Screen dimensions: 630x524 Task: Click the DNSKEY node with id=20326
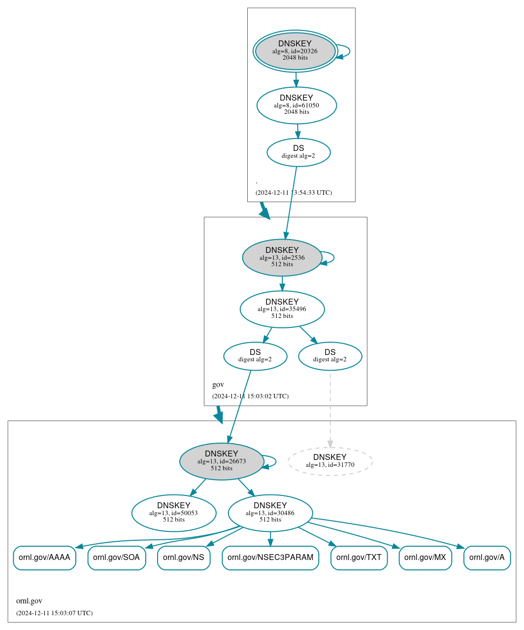pyautogui.click(x=295, y=51)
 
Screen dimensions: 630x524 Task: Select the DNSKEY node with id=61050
pyautogui.click(x=296, y=105)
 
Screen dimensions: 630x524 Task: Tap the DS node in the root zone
pyautogui.click(x=298, y=152)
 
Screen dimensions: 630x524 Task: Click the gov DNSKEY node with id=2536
pyautogui.click(x=282, y=257)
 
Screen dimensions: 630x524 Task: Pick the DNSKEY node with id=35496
pyautogui.click(x=282, y=309)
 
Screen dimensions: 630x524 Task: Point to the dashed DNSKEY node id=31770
pyautogui.click(x=330, y=461)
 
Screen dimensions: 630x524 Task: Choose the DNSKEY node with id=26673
pyautogui.click(x=222, y=461)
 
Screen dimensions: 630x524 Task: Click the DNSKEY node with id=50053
pyautogui.click(x=173, y=513)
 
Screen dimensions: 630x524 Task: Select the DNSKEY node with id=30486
pyautogui.click(x=270, y=513)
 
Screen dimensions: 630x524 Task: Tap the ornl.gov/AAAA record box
pyautogui.click(x=44, y=558)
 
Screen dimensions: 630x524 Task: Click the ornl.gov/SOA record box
pyautogui.click(x=117, y=558)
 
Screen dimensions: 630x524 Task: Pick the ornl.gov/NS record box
pyautogui.click(x=184, y=558)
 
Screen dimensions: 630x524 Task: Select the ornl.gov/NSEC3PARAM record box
pyautogui.click(x=270, y=558)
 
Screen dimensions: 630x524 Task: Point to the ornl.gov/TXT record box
pyautogui.click(x=359, y=558)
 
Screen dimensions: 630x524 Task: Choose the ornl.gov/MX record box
pyautogui.click(x=425, y=558)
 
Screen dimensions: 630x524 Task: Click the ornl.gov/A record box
pyautogui.click(x=487, y=558)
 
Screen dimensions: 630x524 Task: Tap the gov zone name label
pyautogui.click(x=218, y=385)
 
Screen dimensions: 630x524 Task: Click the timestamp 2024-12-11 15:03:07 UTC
pyautogui.click(x=54, y=613)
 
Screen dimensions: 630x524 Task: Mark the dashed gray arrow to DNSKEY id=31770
pyautogui.click(x=330, y=409)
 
